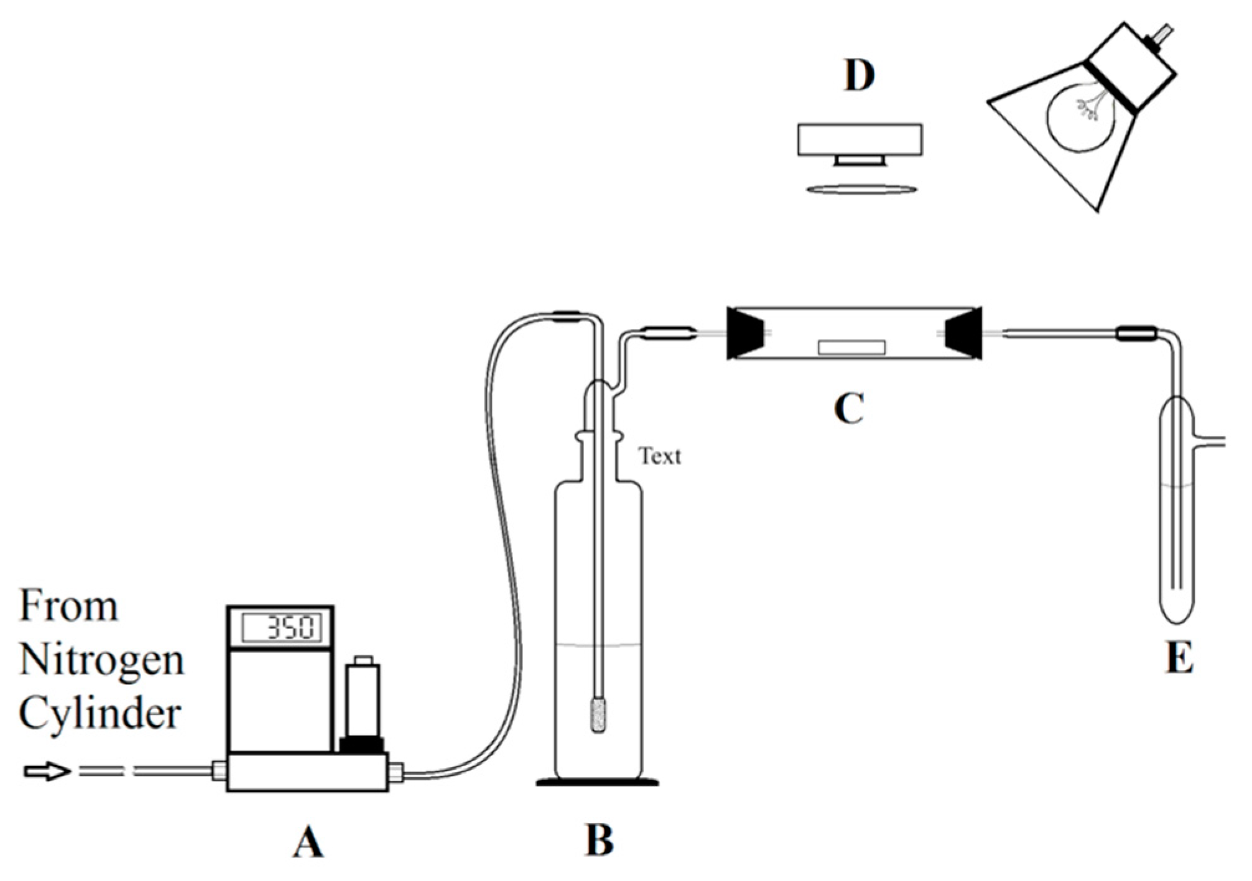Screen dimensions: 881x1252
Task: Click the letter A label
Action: (x=308, y=843)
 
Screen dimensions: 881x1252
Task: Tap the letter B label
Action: (x=600, y=841)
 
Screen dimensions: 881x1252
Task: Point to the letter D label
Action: (x=859, y=76)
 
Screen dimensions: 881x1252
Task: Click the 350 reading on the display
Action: (x=292, y=628)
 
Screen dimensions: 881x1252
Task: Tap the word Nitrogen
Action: (x=101, y=660)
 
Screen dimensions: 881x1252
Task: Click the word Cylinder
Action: (x=100, y=714)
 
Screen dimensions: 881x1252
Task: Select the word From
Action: (x=68, y=606)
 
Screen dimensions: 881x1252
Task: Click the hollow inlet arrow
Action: (x=46, y=772)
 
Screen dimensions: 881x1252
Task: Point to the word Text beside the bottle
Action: (x=659, y=456)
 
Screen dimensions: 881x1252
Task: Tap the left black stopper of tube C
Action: (x=746, y=333)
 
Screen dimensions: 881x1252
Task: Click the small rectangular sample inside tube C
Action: (x=851, y=347)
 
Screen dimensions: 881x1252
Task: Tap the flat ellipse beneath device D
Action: (x=861, y=188)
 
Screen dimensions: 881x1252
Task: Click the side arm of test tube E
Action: (x=1210, y=442)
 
